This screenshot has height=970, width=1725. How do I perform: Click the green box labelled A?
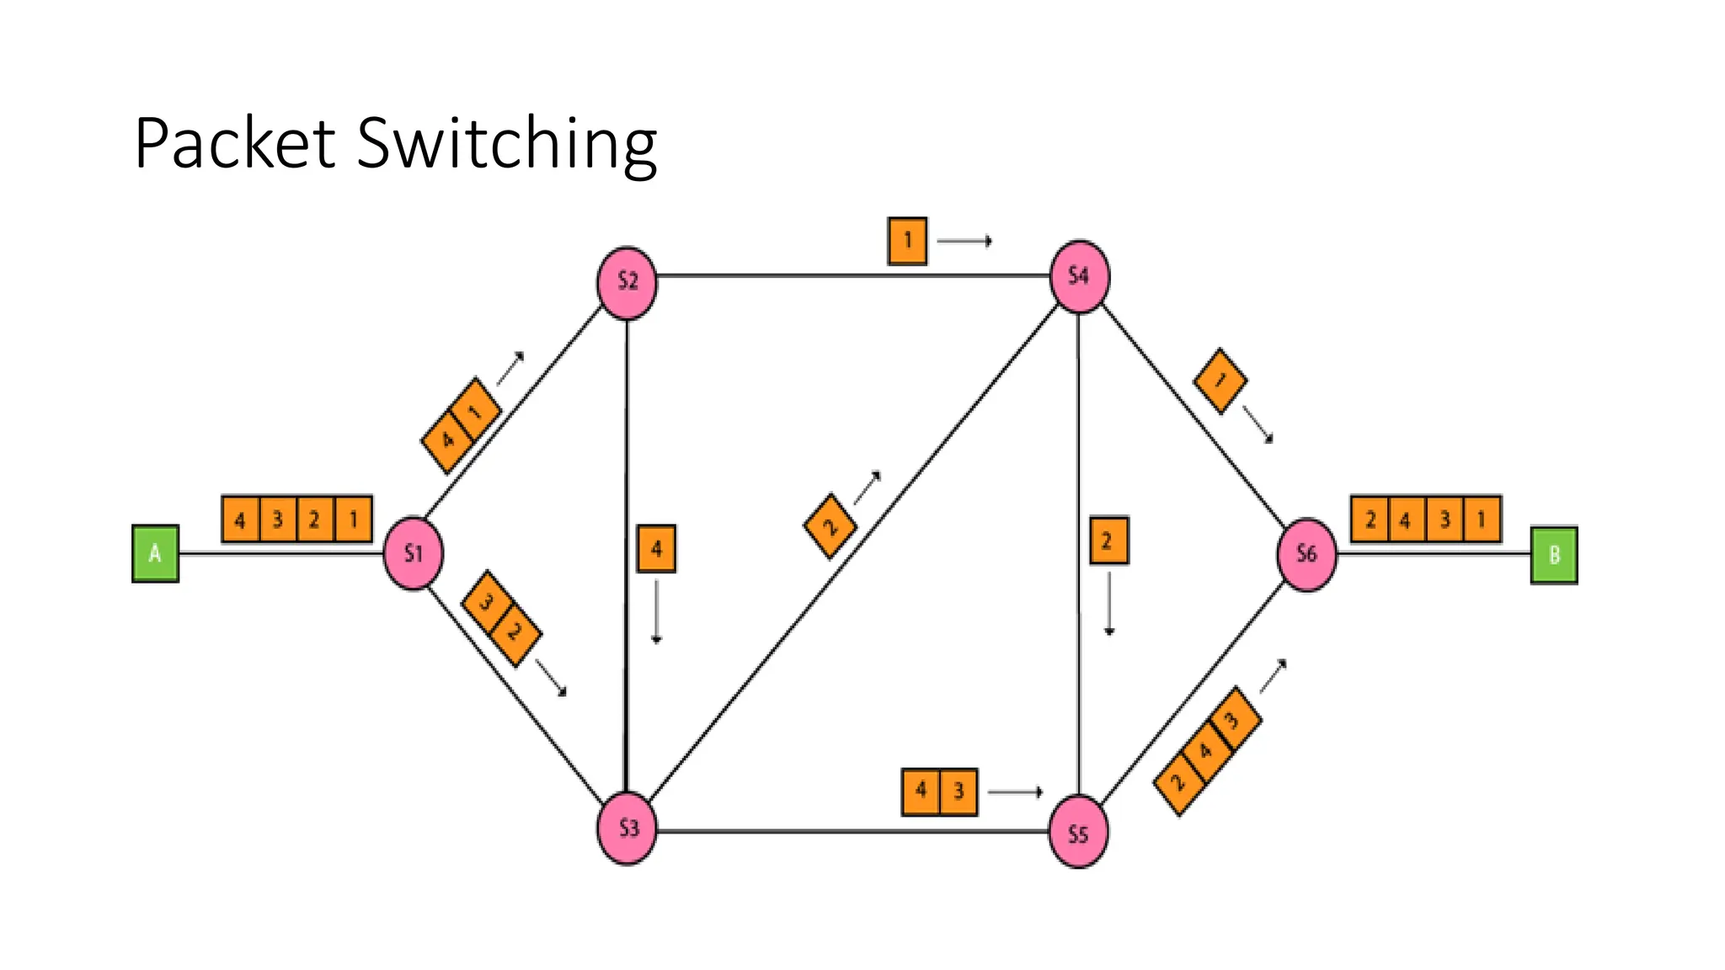[x=155, y=553]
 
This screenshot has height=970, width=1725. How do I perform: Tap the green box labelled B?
[x=1553, y=555]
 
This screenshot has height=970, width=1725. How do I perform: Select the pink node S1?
[x=413, y=553]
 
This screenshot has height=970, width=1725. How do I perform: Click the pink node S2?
[x=627, y=282]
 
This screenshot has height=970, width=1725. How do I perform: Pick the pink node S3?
[x=627, y=828]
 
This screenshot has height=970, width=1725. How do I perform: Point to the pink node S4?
[x=1079, y=276]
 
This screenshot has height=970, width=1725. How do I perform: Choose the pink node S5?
[x=1078, y=832]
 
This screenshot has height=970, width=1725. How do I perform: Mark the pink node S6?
[x=1306, y=554]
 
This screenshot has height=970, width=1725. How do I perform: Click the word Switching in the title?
[x=506, y=144]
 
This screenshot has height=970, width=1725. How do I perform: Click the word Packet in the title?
[x=235, y=144]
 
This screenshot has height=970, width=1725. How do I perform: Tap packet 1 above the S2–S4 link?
[x=907, y=241]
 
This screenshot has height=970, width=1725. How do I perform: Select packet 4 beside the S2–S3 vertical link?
[x=656, y=549]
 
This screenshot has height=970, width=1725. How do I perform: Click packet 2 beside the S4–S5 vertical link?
[x=1108, y=541]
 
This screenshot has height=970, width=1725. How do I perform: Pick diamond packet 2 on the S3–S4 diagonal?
[x=830, y=526]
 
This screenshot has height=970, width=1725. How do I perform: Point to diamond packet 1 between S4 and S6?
[x=1220, y=381]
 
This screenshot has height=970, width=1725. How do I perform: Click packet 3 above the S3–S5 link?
[x=959, y=791]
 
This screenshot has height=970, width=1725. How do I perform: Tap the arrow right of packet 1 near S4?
[x=964, y=242]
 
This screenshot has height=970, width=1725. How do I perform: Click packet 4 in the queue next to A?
[x=240, y=520]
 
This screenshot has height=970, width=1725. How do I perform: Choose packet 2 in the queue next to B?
[x=1370, y=520]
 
